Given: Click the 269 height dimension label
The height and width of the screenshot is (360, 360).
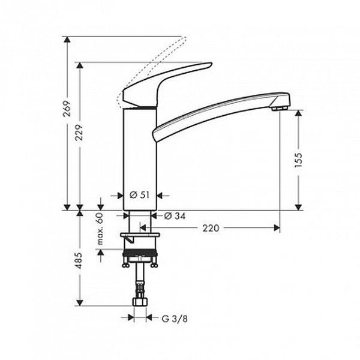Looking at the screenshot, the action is (x=67, y=109).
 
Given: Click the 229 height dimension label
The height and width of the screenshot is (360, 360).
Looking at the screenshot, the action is (x=79, y=133).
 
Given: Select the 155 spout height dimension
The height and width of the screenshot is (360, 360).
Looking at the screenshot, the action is (x=298, y=160).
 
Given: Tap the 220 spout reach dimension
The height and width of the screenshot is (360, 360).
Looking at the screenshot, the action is (x=211, y=228).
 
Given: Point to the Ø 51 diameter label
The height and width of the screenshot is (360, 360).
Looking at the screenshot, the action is (x=140, y=195).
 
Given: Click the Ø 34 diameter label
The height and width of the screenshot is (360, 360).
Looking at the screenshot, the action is (x=175, y=216).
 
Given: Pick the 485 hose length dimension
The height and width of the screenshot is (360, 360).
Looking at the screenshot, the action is (x=79, y=260).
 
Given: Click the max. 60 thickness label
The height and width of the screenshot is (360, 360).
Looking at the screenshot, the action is (x=100, y=229).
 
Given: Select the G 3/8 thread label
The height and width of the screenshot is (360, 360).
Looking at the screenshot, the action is (x=175, y=319).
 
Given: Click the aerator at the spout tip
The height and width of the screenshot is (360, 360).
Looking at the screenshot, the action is (x=279, y=108).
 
